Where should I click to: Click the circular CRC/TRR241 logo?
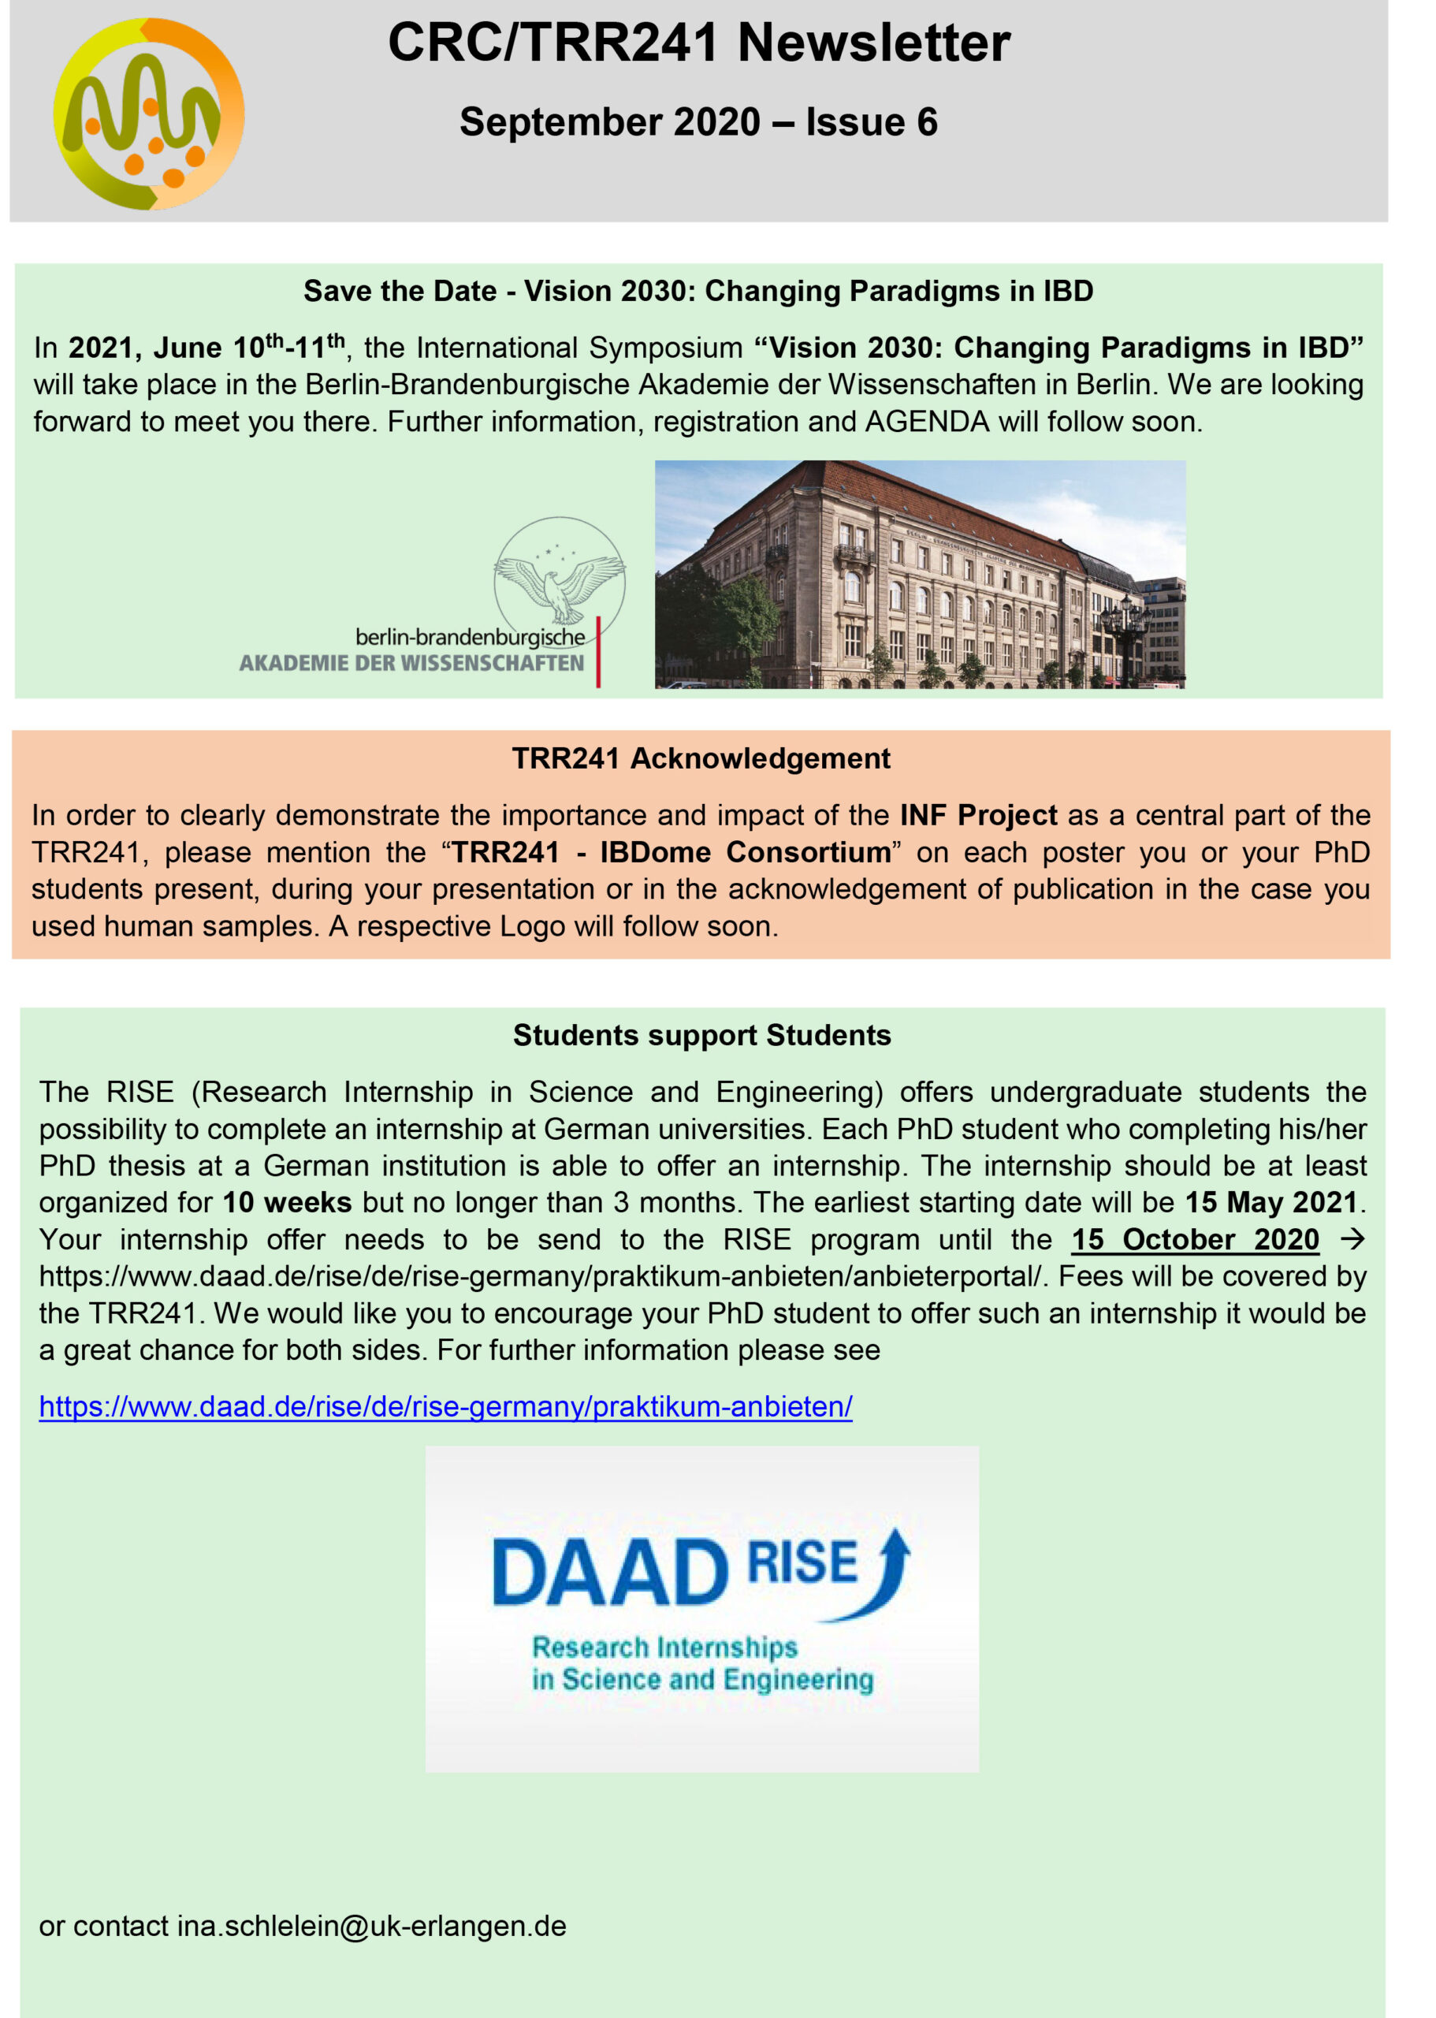[x=148, y=114]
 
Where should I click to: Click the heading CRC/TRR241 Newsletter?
[x=698, y=43]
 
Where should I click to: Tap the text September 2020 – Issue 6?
[x=698, y=122]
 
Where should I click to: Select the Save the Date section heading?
[x=698, y=291]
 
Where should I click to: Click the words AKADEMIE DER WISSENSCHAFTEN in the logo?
[x=411, y=663]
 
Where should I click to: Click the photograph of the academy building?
[x=920, y=574]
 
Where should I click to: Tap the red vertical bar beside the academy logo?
[x=599, y=652]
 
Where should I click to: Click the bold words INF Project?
[x=978, y=815]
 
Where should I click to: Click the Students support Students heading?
[x=701, y=1036]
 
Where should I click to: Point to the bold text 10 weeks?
[x=287, y=1203]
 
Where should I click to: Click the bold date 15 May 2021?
[x=1270, y=1203]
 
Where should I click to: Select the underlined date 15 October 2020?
[x=1195, y=1240]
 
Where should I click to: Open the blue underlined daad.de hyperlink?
[x=445, y=1407]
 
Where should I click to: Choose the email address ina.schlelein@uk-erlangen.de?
[x=371, y=1926]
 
